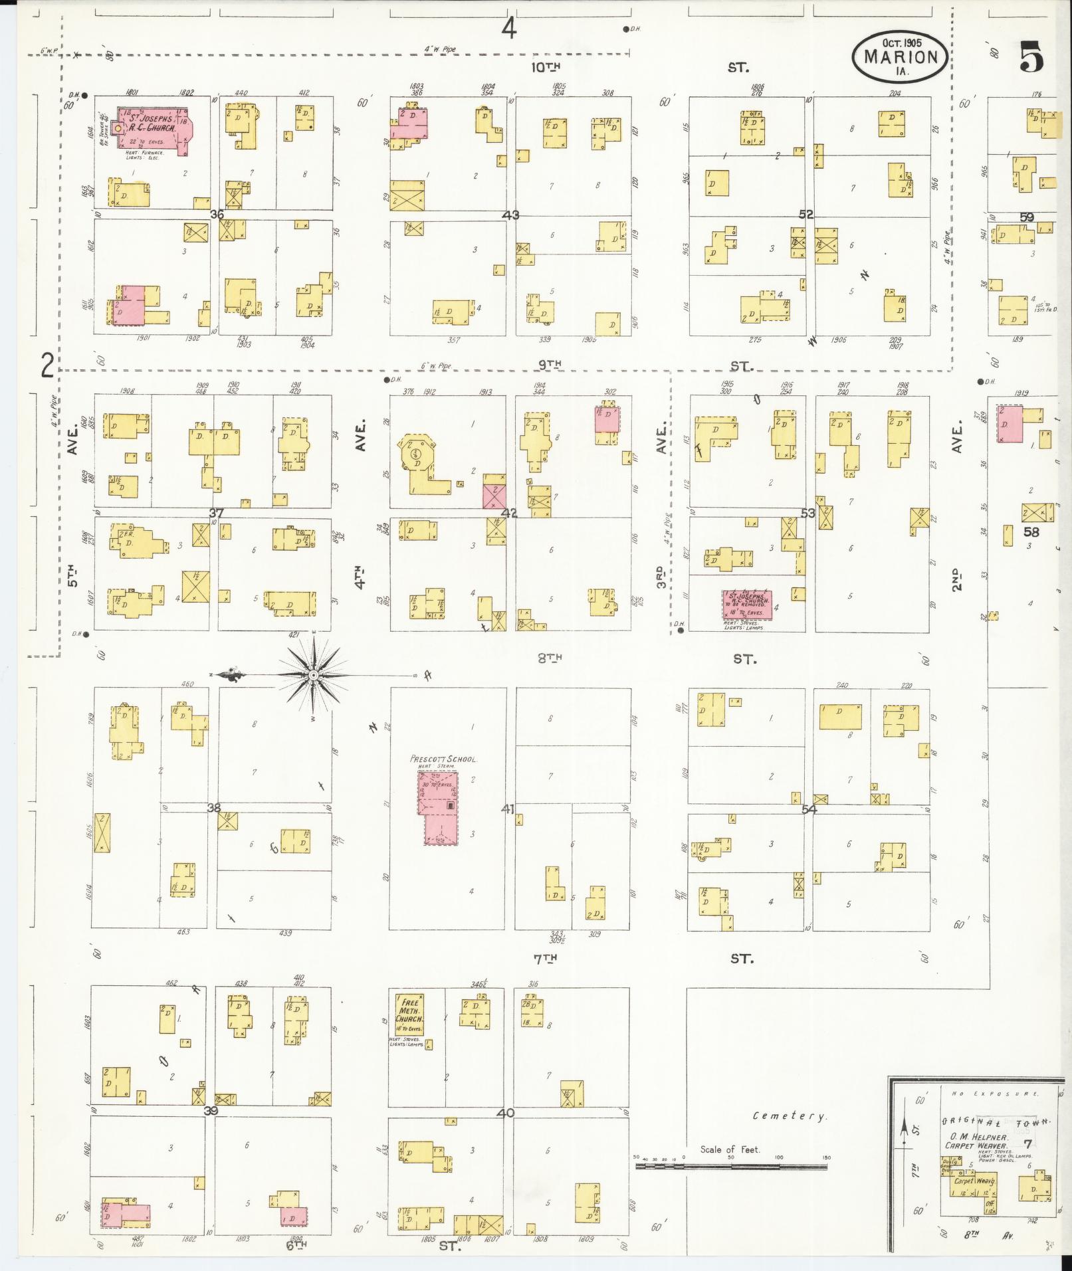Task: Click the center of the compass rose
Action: point(312,676)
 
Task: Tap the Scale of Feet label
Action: point(729,1149)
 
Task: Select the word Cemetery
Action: point(790,1116)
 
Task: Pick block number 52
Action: point(806,215)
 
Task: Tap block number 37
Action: point(215,513)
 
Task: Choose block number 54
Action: point(809,809)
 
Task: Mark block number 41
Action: point(508,809)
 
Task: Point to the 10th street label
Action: point(546,66)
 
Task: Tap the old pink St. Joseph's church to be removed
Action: point(747,605)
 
